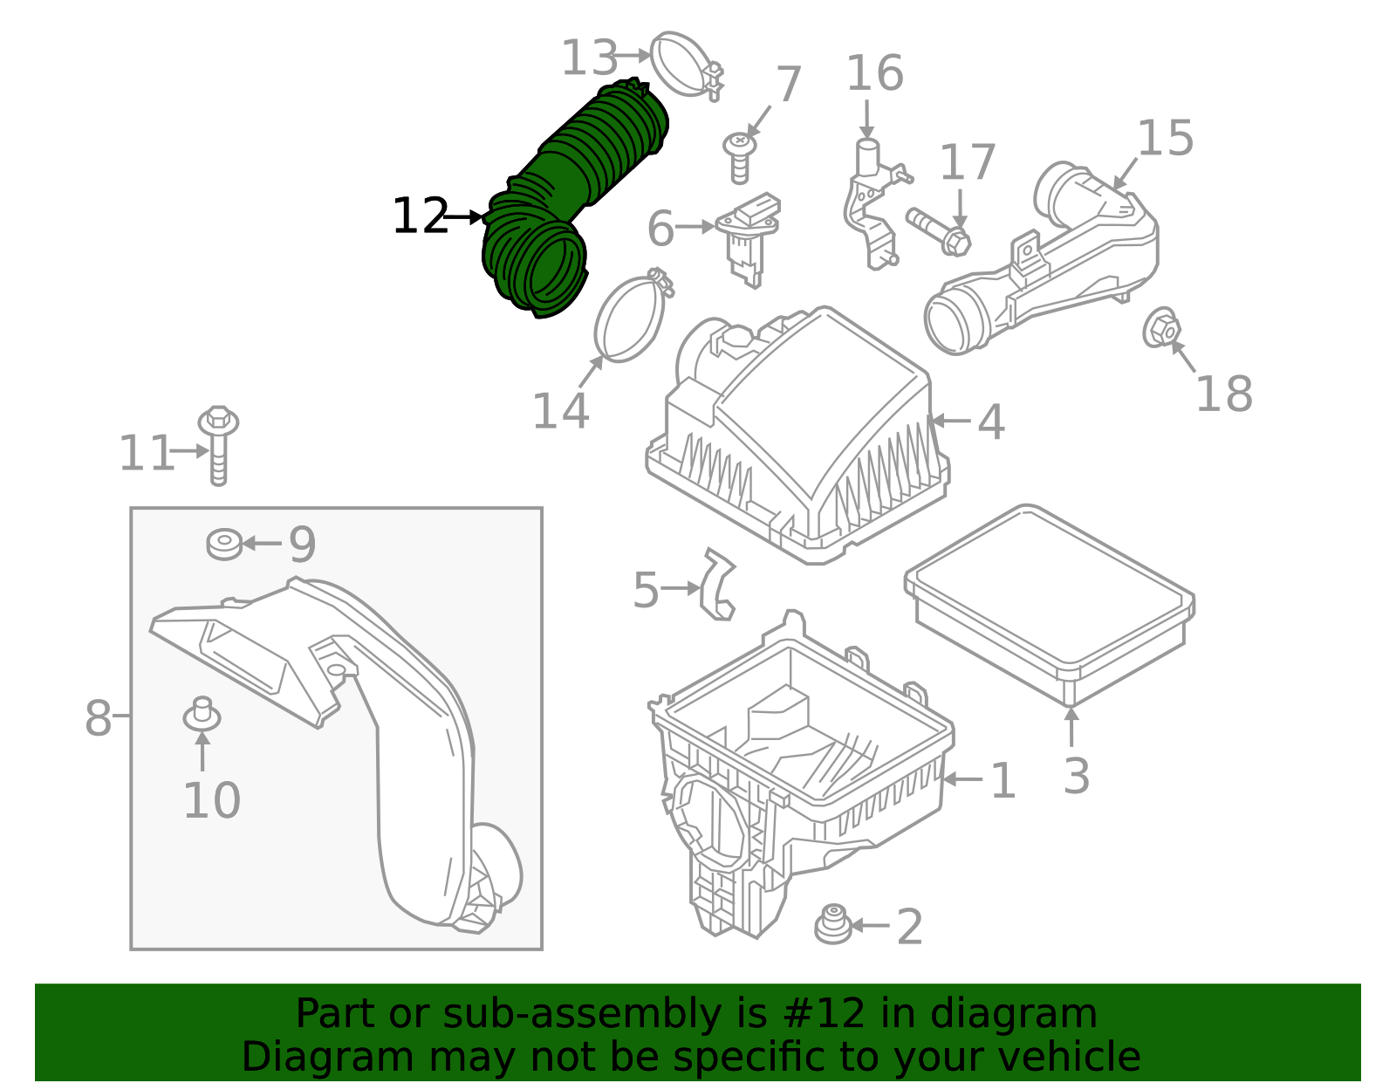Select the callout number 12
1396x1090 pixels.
pos(420,216)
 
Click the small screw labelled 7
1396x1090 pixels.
pos(739,157)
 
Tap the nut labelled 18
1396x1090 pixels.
pos(1161,329)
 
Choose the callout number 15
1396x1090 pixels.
pos(1165,140)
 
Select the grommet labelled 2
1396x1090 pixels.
pos(833,925)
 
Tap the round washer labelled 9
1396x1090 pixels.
pos(224,544)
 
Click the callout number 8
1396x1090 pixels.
pos(98,719)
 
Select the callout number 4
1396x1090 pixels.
pos(990,422)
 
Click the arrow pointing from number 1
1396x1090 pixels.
pos(963,779)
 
